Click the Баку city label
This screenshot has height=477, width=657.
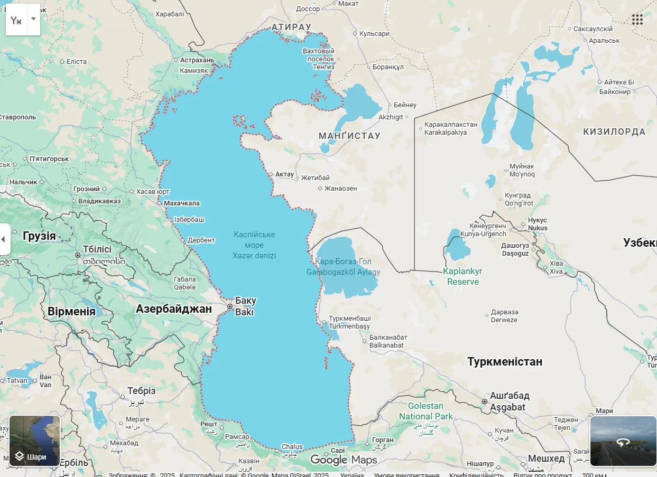click(245, 301)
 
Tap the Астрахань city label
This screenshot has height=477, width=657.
click(197, 60)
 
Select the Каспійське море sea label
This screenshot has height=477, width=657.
click(254, 240)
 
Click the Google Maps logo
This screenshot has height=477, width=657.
click(344, 460)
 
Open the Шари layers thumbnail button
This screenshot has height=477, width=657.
click(35, 441)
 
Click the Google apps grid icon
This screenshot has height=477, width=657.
click(637, 20)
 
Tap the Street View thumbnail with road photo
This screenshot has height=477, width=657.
click(623, 441)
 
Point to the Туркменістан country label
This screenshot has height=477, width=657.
click(504, 362)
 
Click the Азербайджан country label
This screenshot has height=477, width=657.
click(174, 309)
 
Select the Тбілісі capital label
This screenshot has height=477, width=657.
click(97, 249)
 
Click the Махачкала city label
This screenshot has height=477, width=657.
click(182, 203)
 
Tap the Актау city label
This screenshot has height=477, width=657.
click(284, 174)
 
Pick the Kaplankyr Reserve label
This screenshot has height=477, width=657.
click(462, 276)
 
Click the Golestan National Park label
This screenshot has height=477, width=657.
click(425, 411)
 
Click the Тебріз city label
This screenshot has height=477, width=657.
click(142, 391)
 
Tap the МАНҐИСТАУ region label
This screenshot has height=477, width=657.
click(349, 136)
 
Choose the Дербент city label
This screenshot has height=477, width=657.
click(201, 240)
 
